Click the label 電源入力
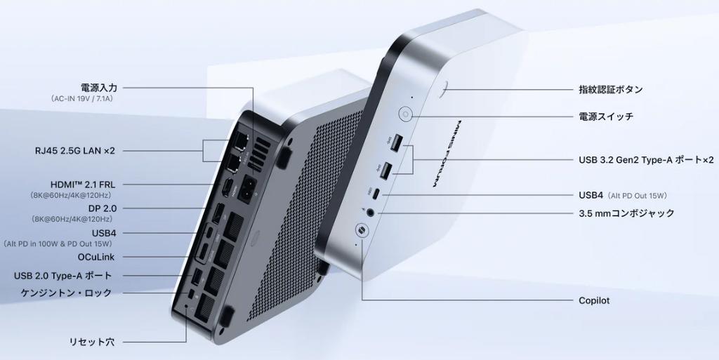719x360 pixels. (x=98, y=87)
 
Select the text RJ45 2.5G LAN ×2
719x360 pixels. (x=74, y=151)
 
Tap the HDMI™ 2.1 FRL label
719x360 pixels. (x=83, y=185)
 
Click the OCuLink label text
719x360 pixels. (x=96, y=257)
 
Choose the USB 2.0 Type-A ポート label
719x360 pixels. (x=62, y=276)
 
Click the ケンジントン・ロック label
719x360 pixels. (x=67, y=293)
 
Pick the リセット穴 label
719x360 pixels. (x=92, y=342)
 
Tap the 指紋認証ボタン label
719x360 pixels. (x=611, y=89)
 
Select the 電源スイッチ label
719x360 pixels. (x=606, y=116)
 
